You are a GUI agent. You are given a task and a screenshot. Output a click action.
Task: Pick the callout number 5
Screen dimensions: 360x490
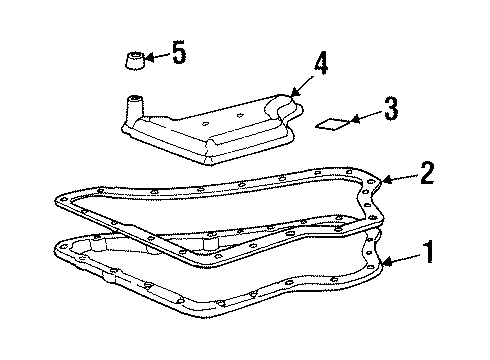click(179, 53)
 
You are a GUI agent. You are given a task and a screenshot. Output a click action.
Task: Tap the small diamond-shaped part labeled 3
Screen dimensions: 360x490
click(332, 125)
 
